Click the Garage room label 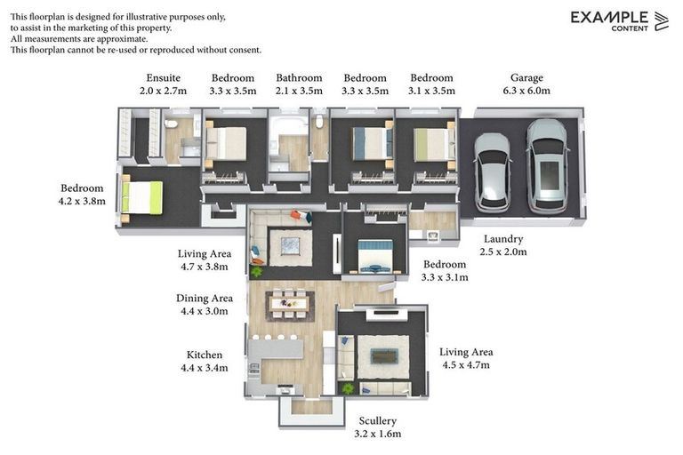pyautogui.click(x=526, y=78)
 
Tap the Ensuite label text pyautogui.click(x=163, y=78)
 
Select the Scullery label pyautogui.click(x=378, y=421)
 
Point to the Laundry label pyautogui.click(x=503, y=239)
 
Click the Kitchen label pyautogui.click(x=205, y=355)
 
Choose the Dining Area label pyautogui.click(x=205, y=299)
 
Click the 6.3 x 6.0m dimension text pyautogui.click(x=526, y=91)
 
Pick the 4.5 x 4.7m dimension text pyautogui.click(x=466, y=365)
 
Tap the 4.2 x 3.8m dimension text pyautogui.click(x=82, y=201)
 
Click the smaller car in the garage pyautogui.click(x=492, y=173)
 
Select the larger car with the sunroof pyautogui.click(x=547, y=167)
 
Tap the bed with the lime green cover pyautogui.click(x=141, y=198)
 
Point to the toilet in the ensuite pyautogui.click(x=171, y=124)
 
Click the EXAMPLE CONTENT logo pyautogui.click(x=619, y=21)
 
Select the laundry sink pyautogui.click(x=432, y=236)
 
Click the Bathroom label pyautogui.click(x=299, y=78)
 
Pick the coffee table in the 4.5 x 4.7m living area pyautogui.click(x=384, y=356)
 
